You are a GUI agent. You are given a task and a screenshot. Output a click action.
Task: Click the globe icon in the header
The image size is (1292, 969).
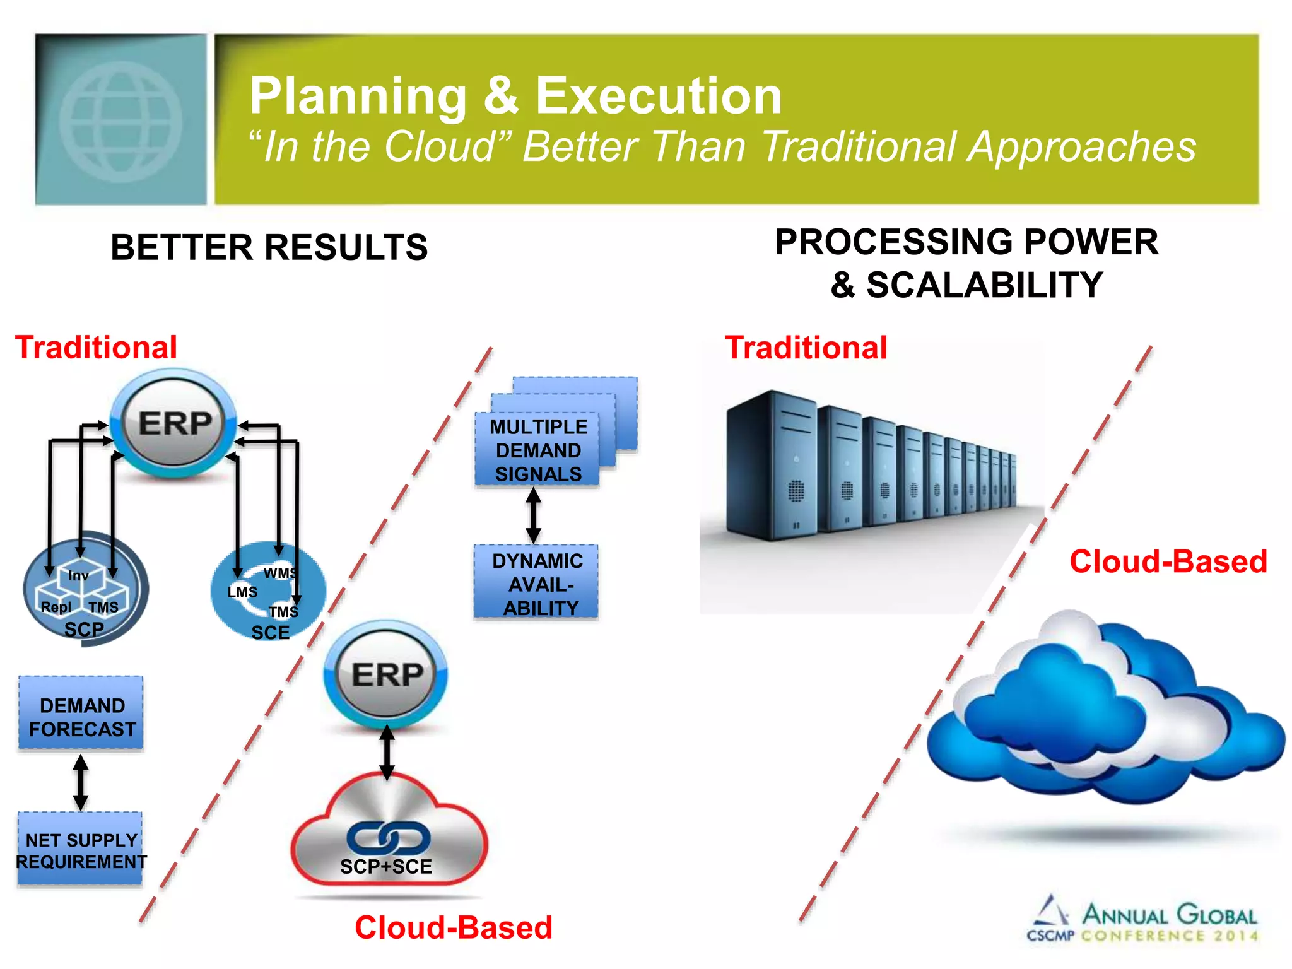pyautogui.click(x=121, y=120)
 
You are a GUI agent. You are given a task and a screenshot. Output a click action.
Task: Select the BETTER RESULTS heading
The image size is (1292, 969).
pyautogui.click(x=269, y=247)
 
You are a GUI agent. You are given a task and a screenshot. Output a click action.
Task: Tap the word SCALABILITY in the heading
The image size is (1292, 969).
pyautogui.click(x=984, y=285)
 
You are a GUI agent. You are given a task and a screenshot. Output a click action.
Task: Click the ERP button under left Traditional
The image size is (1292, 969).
pyautogui.click(x=173, y=423)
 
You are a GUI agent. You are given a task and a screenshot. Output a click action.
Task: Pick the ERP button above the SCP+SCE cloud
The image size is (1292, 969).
pyautogui.click(x=386, y=674)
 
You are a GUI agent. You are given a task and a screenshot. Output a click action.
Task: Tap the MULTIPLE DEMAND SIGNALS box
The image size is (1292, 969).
pyautogui.click(x=537, y=450)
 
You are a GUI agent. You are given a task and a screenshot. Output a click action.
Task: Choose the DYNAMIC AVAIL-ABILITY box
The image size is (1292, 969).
pyautogui.click(x=537, y=584)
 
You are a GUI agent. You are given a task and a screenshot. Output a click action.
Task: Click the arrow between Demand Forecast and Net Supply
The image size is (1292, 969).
pyautogui.click(x=80, y=782)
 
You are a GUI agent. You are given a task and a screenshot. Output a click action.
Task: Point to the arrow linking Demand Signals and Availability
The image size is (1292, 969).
pyautogui.click(x=534, y=515)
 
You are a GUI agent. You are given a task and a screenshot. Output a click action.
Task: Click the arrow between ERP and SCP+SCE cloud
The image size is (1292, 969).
pyautogui.click(x=387, y=753)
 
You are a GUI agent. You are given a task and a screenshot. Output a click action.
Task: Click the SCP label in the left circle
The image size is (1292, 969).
pyautogui.click(x=84, y=629)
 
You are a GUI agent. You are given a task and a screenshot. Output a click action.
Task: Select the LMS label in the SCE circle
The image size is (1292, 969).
pyautogui.click(x=242, y=592)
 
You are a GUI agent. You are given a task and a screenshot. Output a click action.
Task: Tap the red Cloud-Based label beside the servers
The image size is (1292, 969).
pyautogui.click(x=1168, y=561)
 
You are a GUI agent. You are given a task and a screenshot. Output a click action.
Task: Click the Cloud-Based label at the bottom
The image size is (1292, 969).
pyautogui.click(x=453, y=927)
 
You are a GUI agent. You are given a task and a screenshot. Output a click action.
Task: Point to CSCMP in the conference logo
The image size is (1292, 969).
pyautogui.click(x=1050, y=936)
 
